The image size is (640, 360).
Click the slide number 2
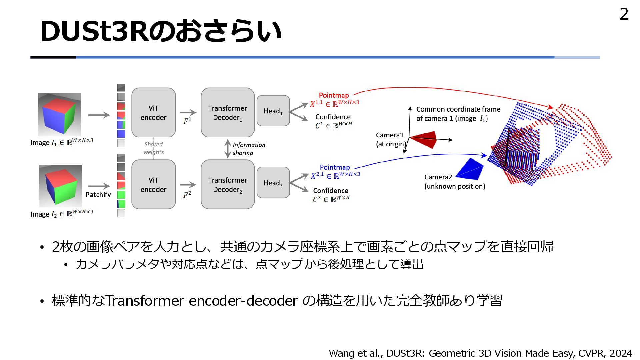click(624, 14)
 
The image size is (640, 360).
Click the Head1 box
click(273, 111)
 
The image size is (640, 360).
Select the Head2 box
click(273, 183)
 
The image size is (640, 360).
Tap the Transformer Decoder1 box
click(228, 113)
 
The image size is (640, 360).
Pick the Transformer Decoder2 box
click(228, 185)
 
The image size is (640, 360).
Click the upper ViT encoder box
click(153, 113)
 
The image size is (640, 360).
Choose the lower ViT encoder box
click(153, 185)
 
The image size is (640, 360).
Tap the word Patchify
click(98, 195)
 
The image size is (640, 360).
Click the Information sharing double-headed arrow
click(228, 149)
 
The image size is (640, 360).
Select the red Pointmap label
click(334, 95)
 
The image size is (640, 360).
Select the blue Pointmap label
click(335, 167)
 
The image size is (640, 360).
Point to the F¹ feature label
click(187, 121)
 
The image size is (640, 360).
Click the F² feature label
click(187, 195)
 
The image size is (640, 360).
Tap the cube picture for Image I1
click(60, 114)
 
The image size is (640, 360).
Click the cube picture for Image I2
click(60, 186)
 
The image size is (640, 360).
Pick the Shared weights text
click(153, 148)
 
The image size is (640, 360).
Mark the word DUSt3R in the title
click(94, 31)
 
